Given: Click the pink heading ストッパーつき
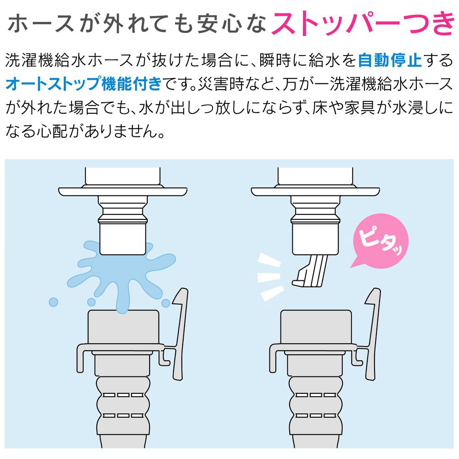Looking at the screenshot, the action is [x=363, y=23].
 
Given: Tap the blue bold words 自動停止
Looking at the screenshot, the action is [x=390, y=61].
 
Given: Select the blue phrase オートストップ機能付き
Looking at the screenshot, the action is [x=84, y=84].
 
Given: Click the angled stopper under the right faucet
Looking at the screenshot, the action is [x=310, y=270].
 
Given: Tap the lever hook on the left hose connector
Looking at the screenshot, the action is [x=179, y=334].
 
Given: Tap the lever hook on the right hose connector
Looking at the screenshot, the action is [x=372, y=334].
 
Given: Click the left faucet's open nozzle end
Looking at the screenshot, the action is [x=123, y=240].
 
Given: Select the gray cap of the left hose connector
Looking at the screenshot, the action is [x=123, y=327].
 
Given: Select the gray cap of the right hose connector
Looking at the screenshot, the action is [x=316, y=327].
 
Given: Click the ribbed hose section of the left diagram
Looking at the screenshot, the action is [x=123, y=405].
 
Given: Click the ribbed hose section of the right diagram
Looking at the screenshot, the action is [x=316, y=405].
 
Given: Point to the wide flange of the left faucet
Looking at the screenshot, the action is [x=123, y=191].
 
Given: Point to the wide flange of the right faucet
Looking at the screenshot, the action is [x=315, y=191].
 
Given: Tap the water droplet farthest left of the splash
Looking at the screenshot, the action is [x=53, y=302].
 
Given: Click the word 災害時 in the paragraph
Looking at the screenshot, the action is [x=221, y=84].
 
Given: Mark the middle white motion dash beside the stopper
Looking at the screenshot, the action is [x=269, y=277].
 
